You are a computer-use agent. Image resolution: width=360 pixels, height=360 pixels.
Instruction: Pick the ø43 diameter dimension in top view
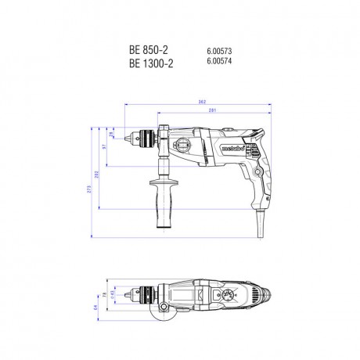pyautogui.click(x=112, y=293)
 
